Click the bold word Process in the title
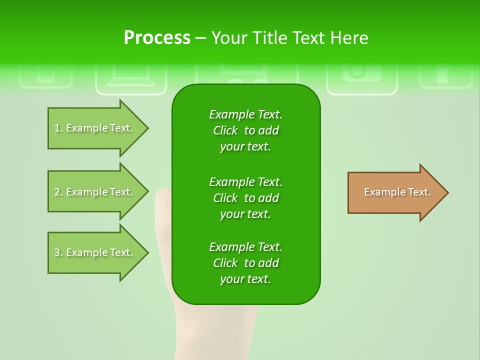[157, 38]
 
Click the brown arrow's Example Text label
[397, 192]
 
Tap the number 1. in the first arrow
[58, 128]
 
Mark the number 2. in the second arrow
[58, 192]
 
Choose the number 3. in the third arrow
[58, 252]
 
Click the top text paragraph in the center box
[245, 130]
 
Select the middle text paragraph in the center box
[245, 198]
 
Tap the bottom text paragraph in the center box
[245, 263]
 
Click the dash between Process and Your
[200, 38]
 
